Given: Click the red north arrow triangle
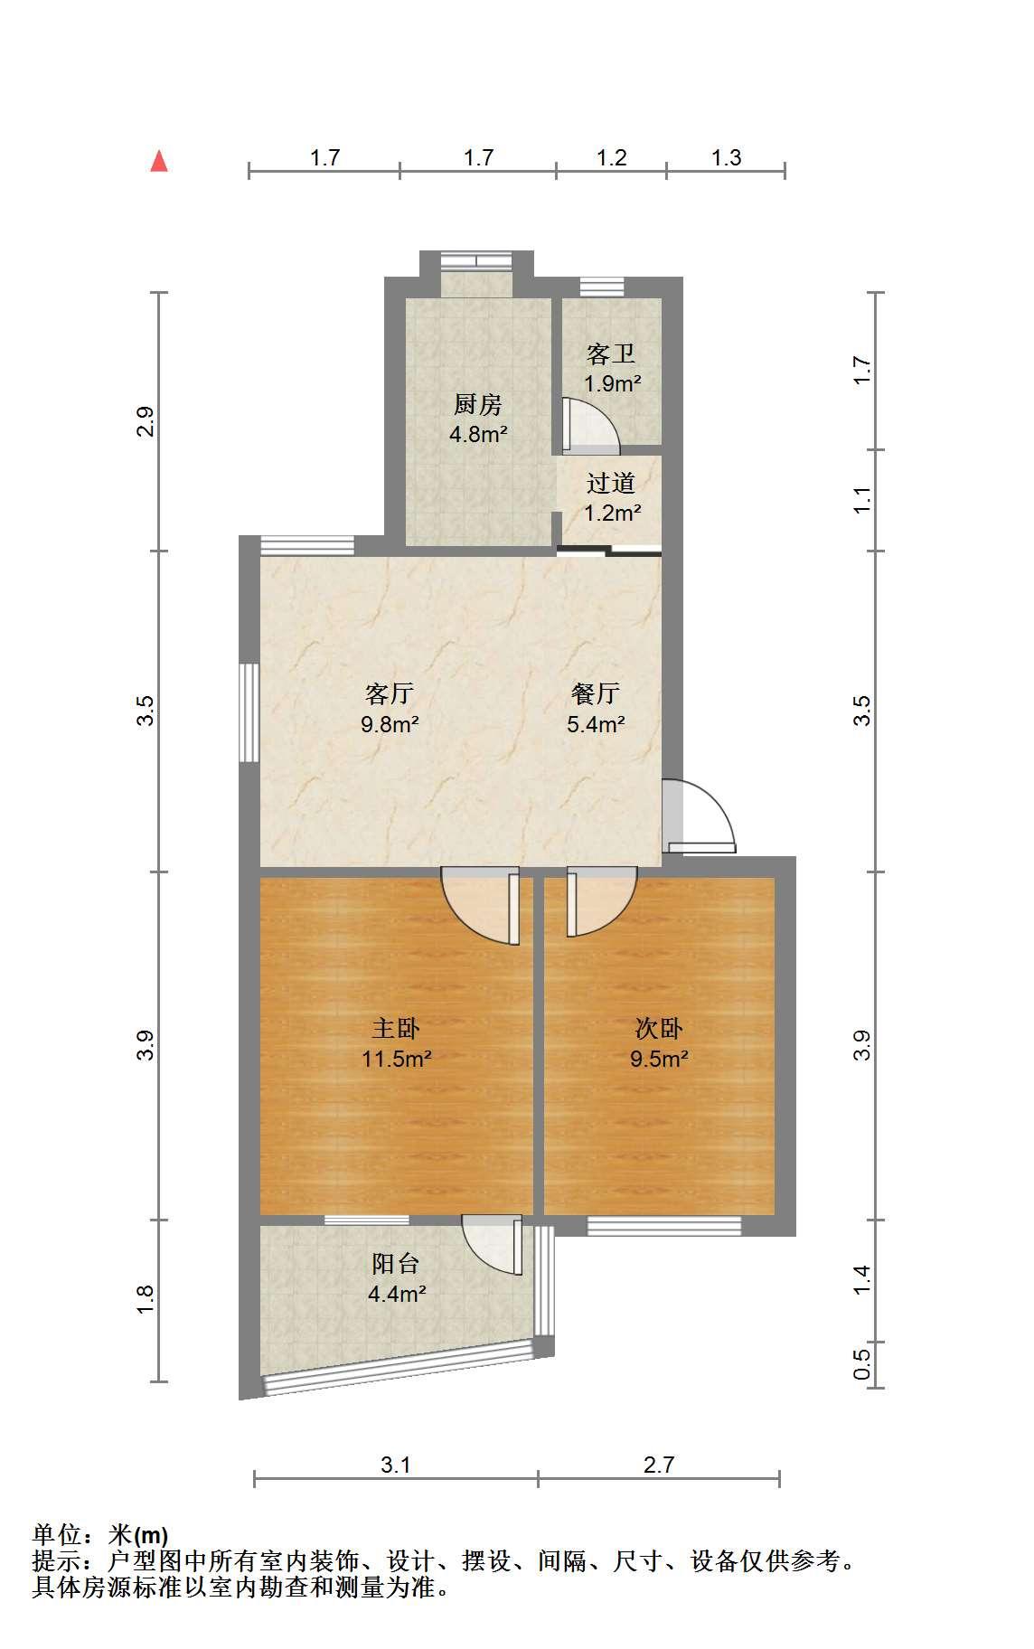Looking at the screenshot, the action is tap(159, 161).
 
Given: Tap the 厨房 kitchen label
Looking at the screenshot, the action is tap(477, 404).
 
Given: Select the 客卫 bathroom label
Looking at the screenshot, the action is tap(611, 353).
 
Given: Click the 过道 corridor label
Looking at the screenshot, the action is tap(611, 484).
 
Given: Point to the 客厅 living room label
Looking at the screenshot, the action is tap(390, 693).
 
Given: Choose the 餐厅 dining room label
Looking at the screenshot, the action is tap(596, 693).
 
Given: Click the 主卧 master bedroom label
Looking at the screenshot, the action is tap(396, 1028).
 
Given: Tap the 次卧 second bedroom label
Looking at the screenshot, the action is tap(659, 1028).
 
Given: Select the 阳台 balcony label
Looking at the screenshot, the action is tap(396, 1263).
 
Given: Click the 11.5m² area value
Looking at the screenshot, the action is tap(396, 1058).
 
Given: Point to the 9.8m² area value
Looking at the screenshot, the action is tap(390, 723).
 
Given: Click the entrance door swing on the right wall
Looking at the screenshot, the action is tap(700, 816).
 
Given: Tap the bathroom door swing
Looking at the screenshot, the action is tap(591, 425).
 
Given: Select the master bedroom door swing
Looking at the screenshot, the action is tap(481, 906).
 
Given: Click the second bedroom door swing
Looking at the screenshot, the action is tap(602, 902).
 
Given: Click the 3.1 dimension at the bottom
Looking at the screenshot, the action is tap(396, 1465).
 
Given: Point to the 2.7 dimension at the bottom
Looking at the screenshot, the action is tap(659, 1465).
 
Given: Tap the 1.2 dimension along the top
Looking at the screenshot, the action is tap(612, 157).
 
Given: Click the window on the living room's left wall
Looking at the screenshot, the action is tap(249, 713).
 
